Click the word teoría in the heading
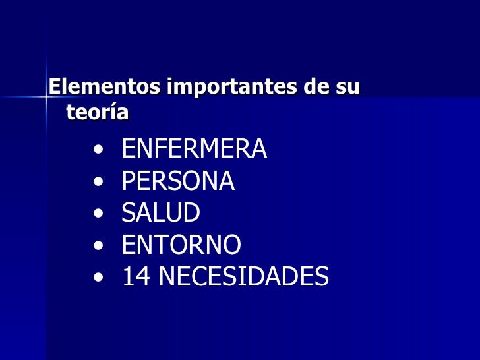(98, 113)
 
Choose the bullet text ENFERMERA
(195, 149)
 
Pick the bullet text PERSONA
(178, 181)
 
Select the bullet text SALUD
(161, 213)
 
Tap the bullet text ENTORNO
(181, 245)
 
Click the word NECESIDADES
(243, 277)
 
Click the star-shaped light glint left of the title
(46, 96)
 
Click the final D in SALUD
(192, 213)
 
